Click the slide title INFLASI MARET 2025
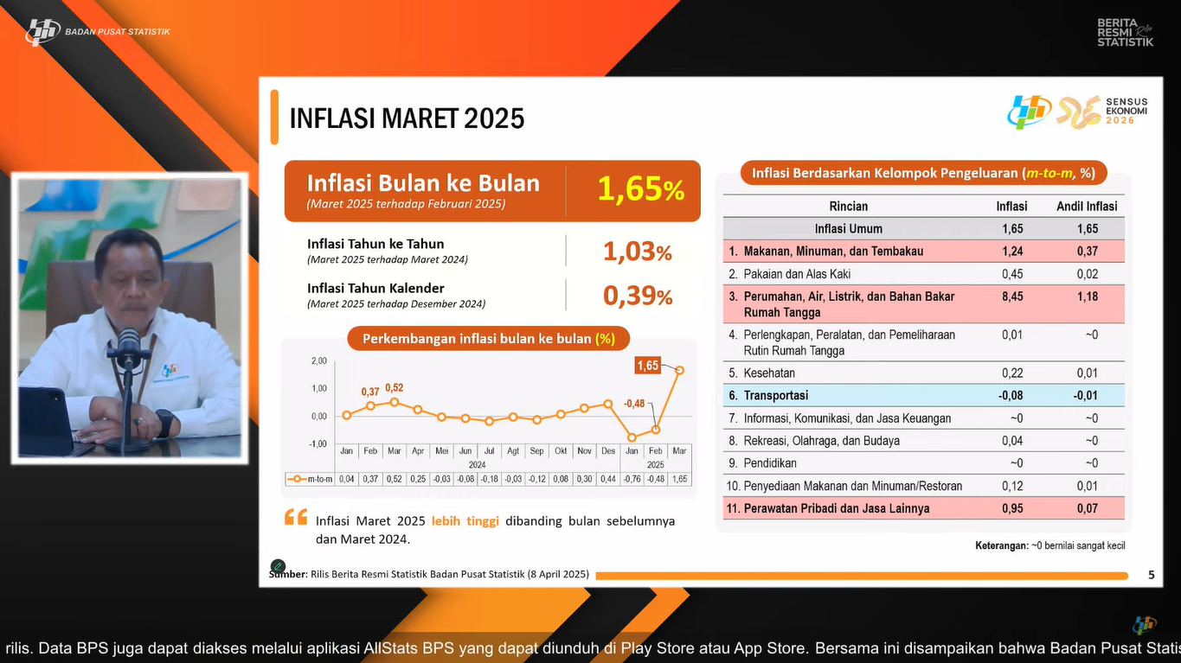407,118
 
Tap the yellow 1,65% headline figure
640,189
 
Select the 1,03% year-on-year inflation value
637,252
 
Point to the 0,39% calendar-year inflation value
637,296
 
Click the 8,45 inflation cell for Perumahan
1011,296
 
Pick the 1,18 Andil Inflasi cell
1087,296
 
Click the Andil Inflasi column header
1087,206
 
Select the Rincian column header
848,206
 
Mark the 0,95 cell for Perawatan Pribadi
1011,508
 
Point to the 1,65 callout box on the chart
647,366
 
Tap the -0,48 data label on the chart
634,403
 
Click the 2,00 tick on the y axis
318,360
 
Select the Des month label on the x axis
608,450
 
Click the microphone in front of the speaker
128,346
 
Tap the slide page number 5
1151,575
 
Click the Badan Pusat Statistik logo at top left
42,32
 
